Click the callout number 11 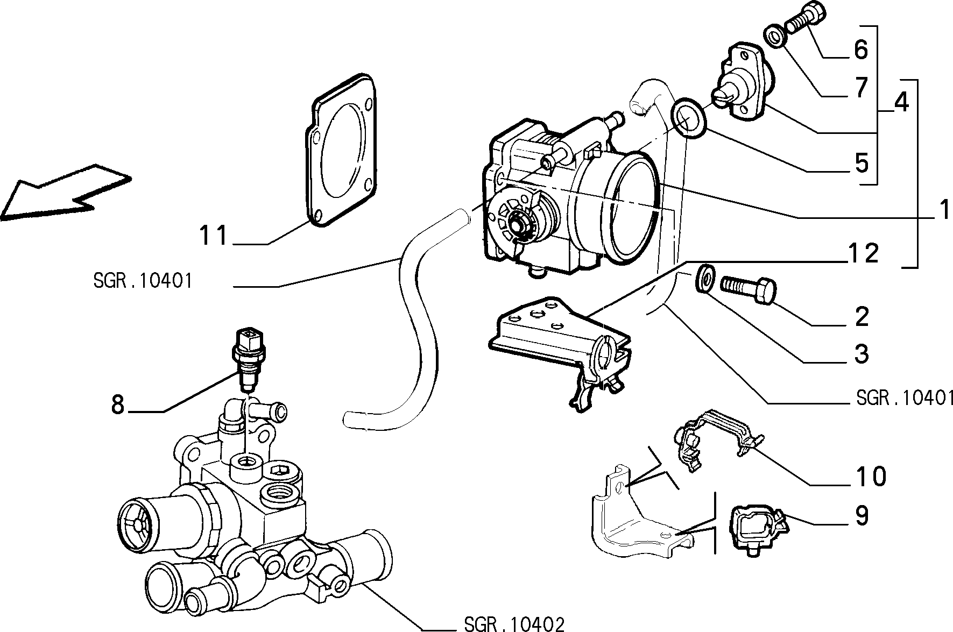214,236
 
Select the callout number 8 118,404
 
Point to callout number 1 943,209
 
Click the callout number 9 862,516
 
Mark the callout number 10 870,476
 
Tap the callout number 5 862,162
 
